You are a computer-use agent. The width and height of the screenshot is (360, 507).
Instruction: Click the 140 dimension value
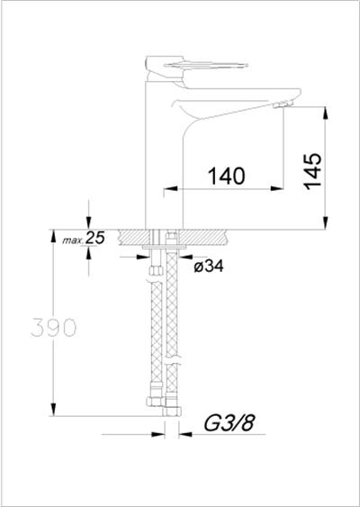pos(226,176)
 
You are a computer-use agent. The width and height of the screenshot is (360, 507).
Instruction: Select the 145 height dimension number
pos(312,171)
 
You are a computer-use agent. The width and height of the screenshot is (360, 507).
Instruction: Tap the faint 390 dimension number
pos(54,328)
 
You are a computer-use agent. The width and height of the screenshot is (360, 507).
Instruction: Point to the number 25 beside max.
pos(95,238)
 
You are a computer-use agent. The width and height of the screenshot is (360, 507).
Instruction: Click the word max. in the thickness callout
pos(73,240)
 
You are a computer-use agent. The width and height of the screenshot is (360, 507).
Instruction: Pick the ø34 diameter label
pos(209,267)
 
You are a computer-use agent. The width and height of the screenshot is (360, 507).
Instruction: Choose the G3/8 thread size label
pos(229,423)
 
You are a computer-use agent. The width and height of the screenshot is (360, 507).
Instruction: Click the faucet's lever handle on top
pos(196,66)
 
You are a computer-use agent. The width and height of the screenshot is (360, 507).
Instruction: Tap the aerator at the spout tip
pos(283,104)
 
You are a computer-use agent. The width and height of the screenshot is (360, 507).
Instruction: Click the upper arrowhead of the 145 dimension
pos(326,113)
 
